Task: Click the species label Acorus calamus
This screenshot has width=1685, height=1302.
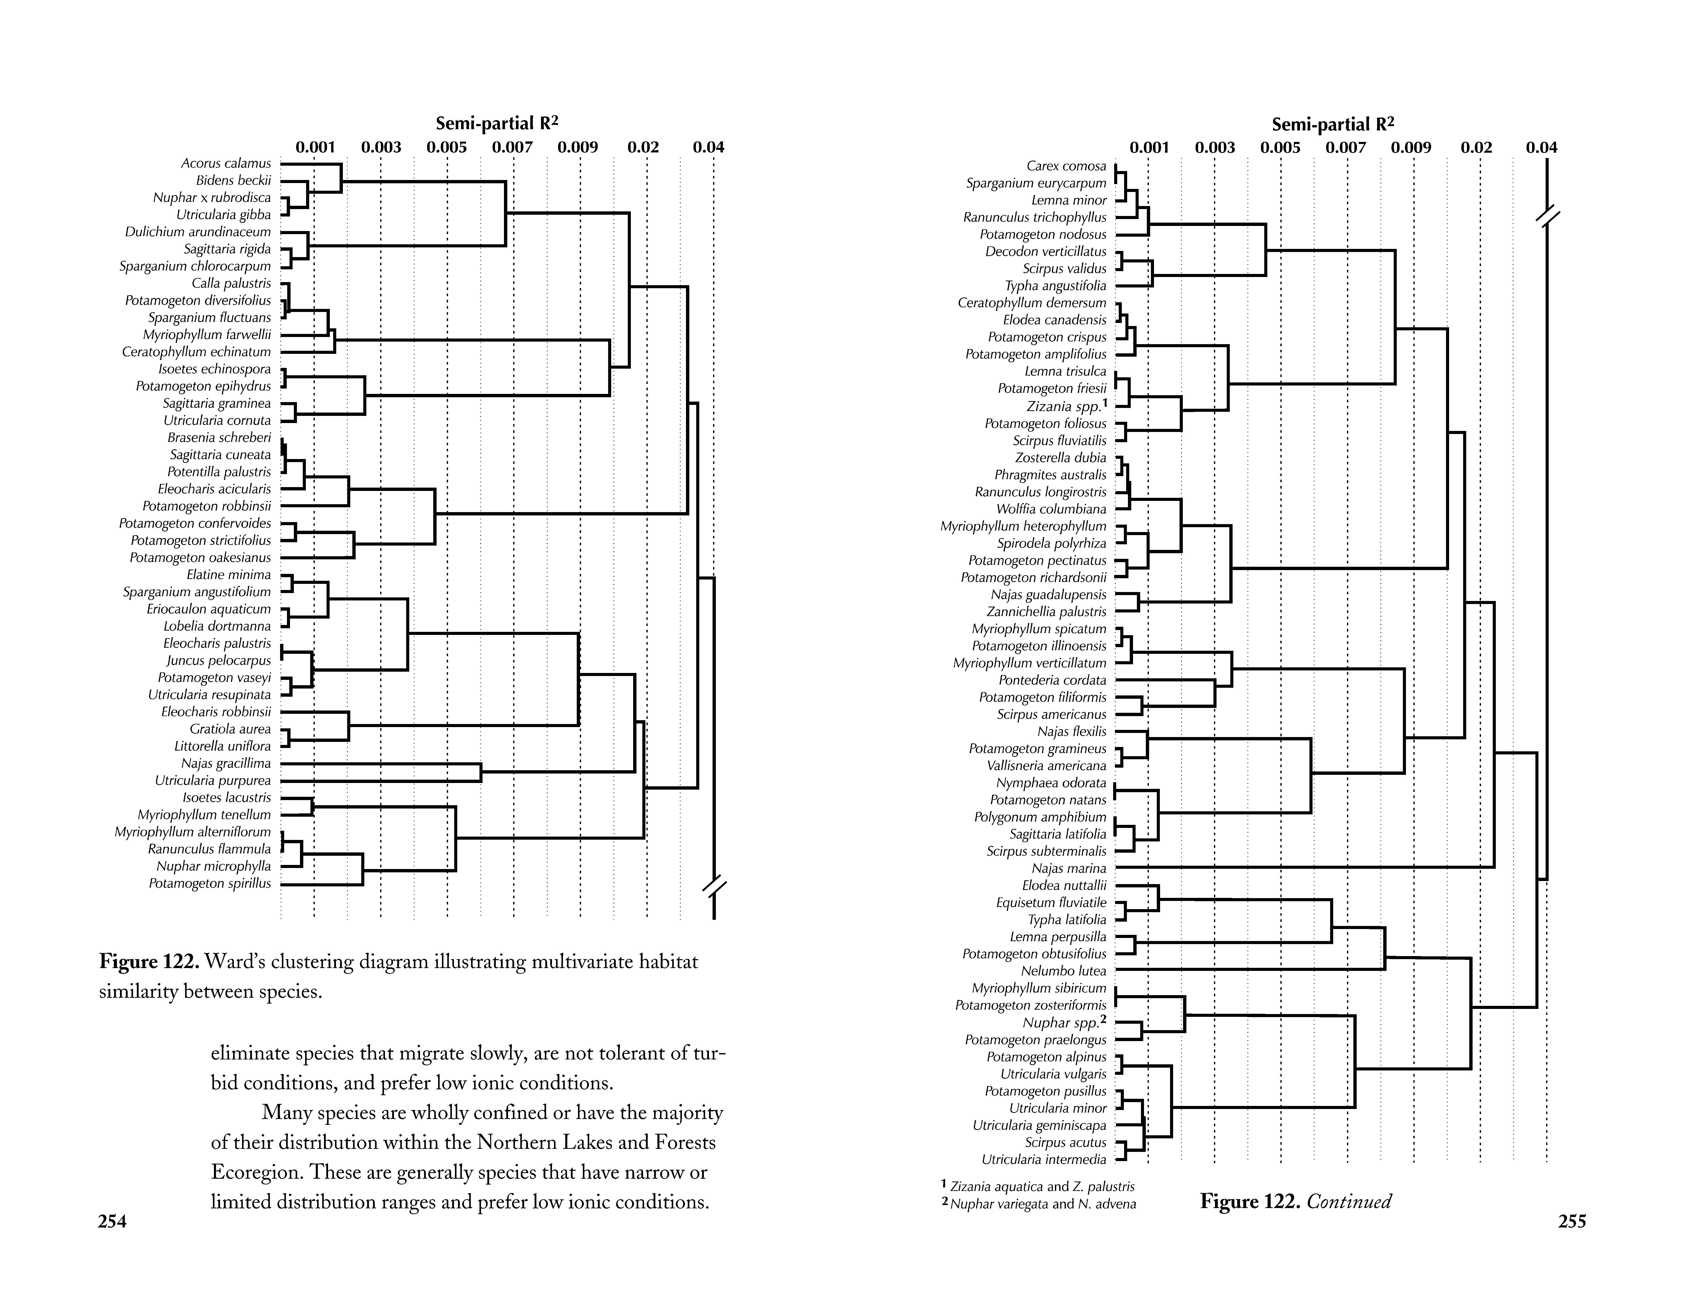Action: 226,164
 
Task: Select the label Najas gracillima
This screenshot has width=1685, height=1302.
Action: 226,764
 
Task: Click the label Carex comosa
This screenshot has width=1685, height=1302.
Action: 1066,166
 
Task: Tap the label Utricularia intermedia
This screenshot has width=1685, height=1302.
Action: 1044,1159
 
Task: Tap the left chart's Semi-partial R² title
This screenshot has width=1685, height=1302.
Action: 497,123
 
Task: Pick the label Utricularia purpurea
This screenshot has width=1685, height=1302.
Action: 213,781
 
